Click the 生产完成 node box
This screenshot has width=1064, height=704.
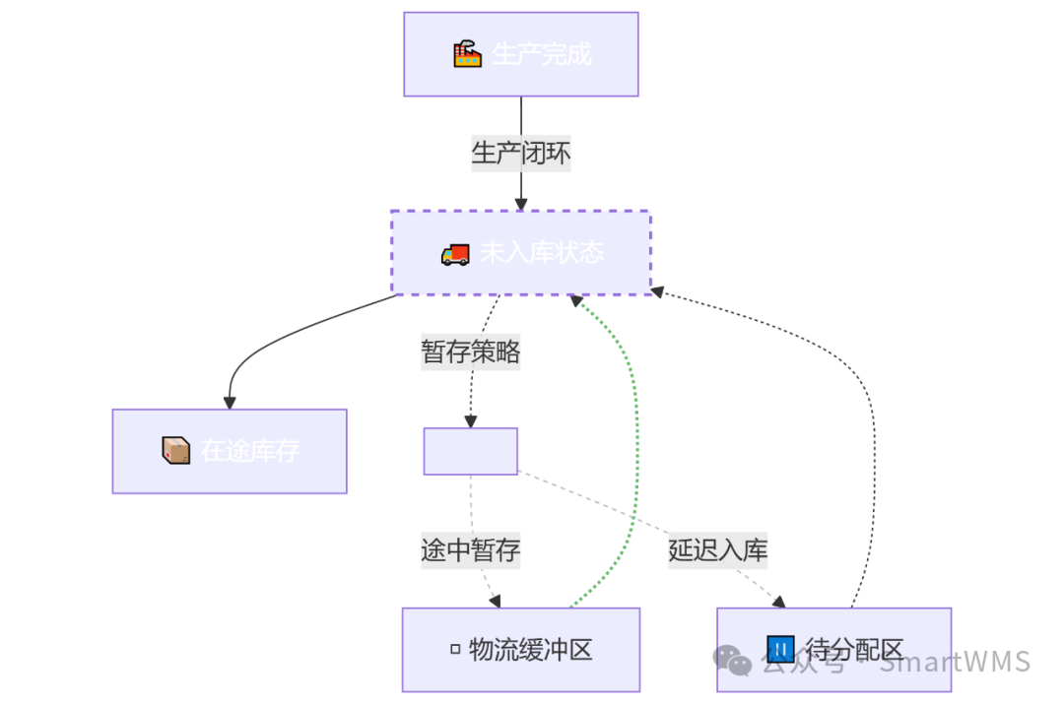520,54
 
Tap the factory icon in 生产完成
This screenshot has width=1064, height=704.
467,53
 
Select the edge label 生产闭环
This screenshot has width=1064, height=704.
520,154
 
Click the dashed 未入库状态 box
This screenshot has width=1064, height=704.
520,252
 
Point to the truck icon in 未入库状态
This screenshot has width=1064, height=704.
455,254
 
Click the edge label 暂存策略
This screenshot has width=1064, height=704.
470,352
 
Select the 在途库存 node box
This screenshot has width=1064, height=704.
230,451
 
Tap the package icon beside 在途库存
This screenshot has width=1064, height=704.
175,450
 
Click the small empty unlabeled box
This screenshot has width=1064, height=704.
470,451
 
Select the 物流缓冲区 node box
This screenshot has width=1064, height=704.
520,649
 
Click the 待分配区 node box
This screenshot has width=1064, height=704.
833,649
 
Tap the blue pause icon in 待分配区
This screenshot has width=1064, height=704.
779,649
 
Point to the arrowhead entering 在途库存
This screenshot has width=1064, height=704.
230,403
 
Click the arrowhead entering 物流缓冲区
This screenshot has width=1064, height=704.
496,602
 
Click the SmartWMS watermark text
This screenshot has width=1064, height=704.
954,662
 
